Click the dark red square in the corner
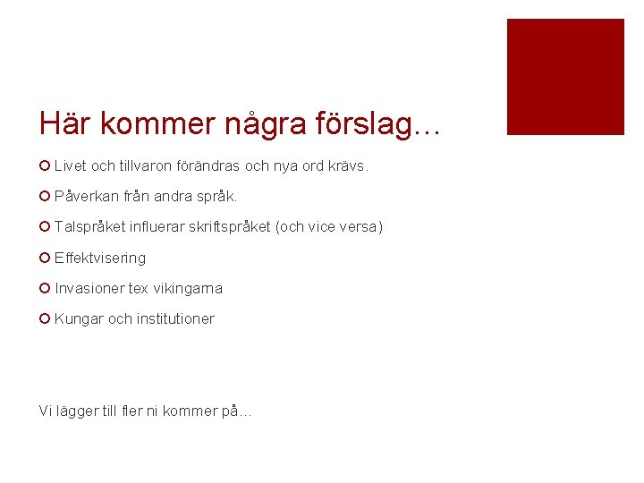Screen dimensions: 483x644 point(565,77)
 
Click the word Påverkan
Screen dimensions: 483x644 point(86,196)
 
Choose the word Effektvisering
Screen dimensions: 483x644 point(100,258)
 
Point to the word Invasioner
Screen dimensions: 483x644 point(89,288)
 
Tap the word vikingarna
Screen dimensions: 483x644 point(188,288)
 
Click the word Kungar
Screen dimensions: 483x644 point(79,319)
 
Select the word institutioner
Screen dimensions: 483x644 point(174,319)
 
